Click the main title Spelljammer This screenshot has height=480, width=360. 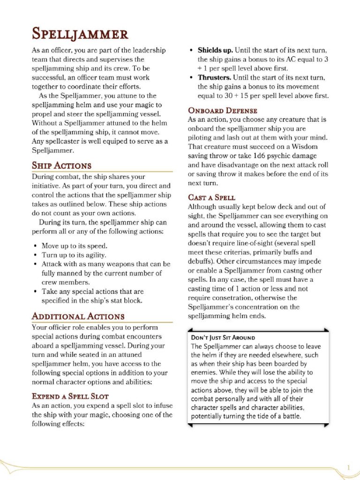[79, 34]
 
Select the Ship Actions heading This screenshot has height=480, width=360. [61, 165]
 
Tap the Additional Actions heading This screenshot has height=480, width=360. [78, 316]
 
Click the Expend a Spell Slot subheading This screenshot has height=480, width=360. [70, 396]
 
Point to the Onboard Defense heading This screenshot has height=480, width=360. [222, 111]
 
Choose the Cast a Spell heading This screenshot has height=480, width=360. [211, 197]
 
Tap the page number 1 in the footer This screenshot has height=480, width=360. [349, 467]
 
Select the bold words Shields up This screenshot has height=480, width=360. [215, 50]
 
